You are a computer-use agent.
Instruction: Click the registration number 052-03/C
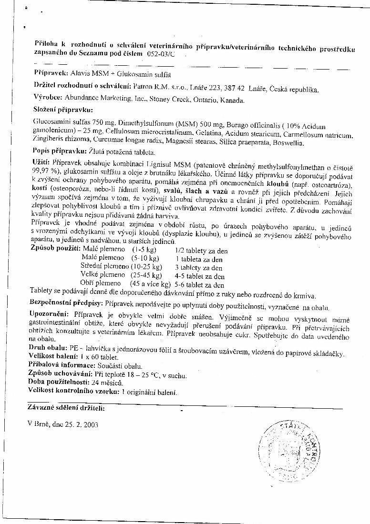click(161, 54)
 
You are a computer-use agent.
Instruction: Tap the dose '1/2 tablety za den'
click(201, 251)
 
